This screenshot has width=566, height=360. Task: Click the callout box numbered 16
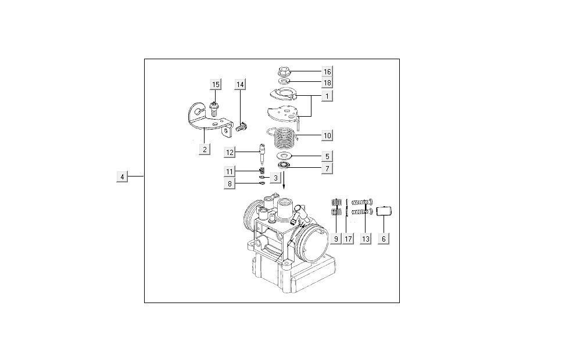(x=327, y=71)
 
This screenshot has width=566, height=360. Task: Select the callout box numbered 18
(x=327, y=83)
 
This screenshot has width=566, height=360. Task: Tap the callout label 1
(x=327, y=96)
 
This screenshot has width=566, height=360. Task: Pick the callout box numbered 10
(x=327, y=135)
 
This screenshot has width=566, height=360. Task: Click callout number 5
(x=327, y=156)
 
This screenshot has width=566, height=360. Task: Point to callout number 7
(x=327, y=168)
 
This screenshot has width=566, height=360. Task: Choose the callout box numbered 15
(x=216, y=85)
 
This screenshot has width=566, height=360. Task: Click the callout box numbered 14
(x=240, y=85)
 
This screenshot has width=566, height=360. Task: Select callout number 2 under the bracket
(x=204, y=149)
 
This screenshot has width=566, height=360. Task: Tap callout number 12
(x=231, y=152)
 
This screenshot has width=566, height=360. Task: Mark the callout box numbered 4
(x=122, y=177)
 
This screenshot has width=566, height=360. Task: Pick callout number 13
(x=365, y=238)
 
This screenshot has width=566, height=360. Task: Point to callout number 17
(x=348, y=238)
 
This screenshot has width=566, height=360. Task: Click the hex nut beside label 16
(x=284, y=72)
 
